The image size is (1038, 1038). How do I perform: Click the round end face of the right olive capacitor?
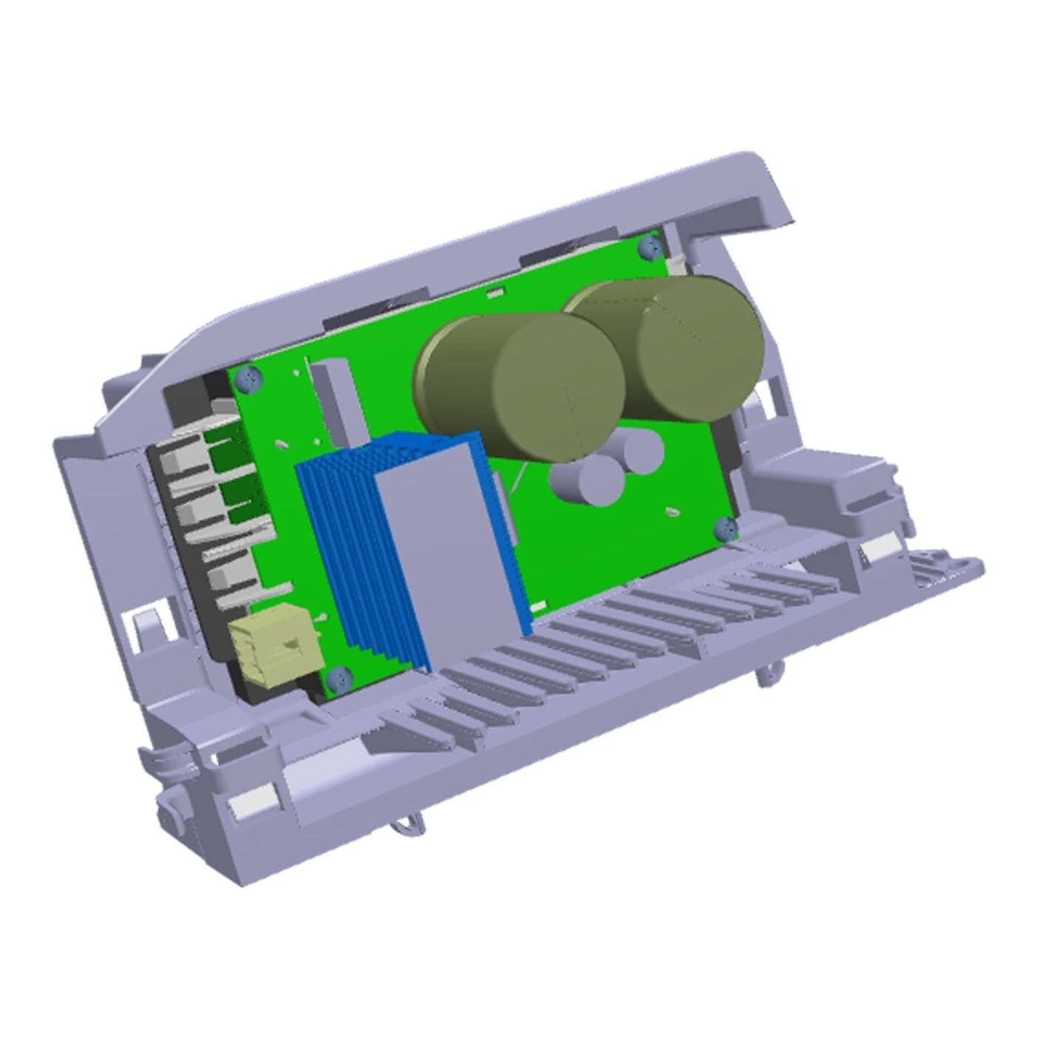[x=701, y=347]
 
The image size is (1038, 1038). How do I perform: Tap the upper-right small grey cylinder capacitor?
[x=637, y=452]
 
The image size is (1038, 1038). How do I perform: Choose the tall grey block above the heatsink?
[x=337, y=403]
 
